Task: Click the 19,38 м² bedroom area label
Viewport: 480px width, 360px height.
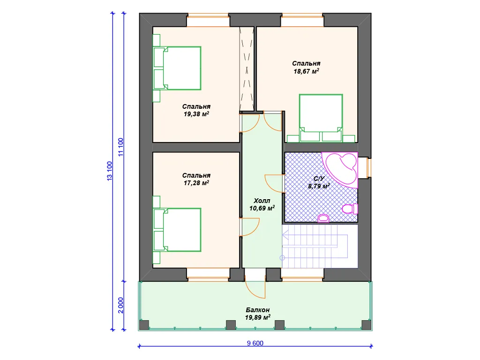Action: tap(196, 114)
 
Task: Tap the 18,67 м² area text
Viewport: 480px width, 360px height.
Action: tap(306, 71)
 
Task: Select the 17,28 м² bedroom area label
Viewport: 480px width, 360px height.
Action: tap(196, 183)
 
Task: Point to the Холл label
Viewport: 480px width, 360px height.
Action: tap(262, 201)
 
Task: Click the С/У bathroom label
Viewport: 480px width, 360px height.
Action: tap(319, 179)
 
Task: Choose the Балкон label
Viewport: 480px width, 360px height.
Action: tap(258, 310)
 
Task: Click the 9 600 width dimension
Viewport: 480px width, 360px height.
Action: tap(255, 343)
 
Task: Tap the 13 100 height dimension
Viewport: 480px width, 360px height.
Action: tap(110, 171)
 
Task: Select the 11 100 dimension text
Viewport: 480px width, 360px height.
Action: tap(120, 147)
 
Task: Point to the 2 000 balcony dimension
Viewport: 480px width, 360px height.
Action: tap(120, 305)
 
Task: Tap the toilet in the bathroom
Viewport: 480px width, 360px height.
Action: tap(350, 209)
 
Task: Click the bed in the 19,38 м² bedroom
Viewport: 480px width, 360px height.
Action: tap(177, 68)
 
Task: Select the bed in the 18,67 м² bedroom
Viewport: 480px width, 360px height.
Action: tap(321, 118)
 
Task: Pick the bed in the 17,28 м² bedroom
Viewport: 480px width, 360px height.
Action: tap(177, 230)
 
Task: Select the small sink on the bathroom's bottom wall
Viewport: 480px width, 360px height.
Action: tap(323, 218)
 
